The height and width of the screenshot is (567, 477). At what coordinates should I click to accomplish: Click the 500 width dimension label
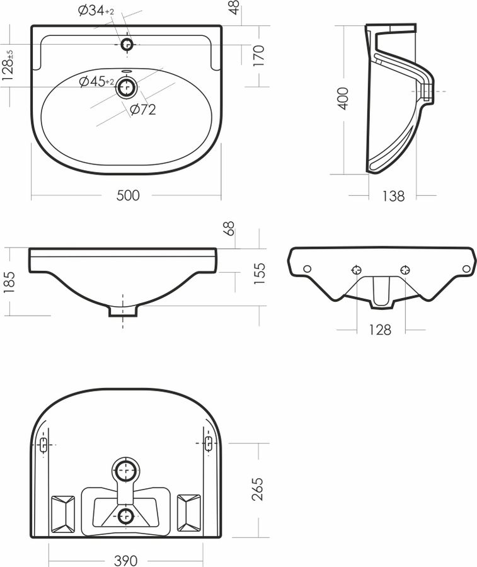[x=128, y=195]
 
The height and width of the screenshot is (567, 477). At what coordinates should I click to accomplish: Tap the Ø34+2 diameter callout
[x=96, y=11]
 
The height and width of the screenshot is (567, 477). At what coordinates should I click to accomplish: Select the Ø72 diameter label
[x=143, y=109]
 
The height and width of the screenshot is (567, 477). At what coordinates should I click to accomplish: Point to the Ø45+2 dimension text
[x=96, y=82]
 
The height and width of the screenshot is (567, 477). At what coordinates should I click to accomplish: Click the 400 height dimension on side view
[x=343, y=98]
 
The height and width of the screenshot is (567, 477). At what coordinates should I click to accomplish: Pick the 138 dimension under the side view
[x=393, y=196]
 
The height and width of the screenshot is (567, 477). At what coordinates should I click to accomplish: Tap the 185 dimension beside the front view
[x=9, y=282]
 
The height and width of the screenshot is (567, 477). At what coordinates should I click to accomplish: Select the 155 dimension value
[x=260, y=274]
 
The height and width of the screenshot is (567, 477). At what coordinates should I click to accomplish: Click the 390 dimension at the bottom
[x=126, y=561]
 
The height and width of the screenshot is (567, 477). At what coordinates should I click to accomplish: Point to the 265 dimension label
[x=258, y=490]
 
